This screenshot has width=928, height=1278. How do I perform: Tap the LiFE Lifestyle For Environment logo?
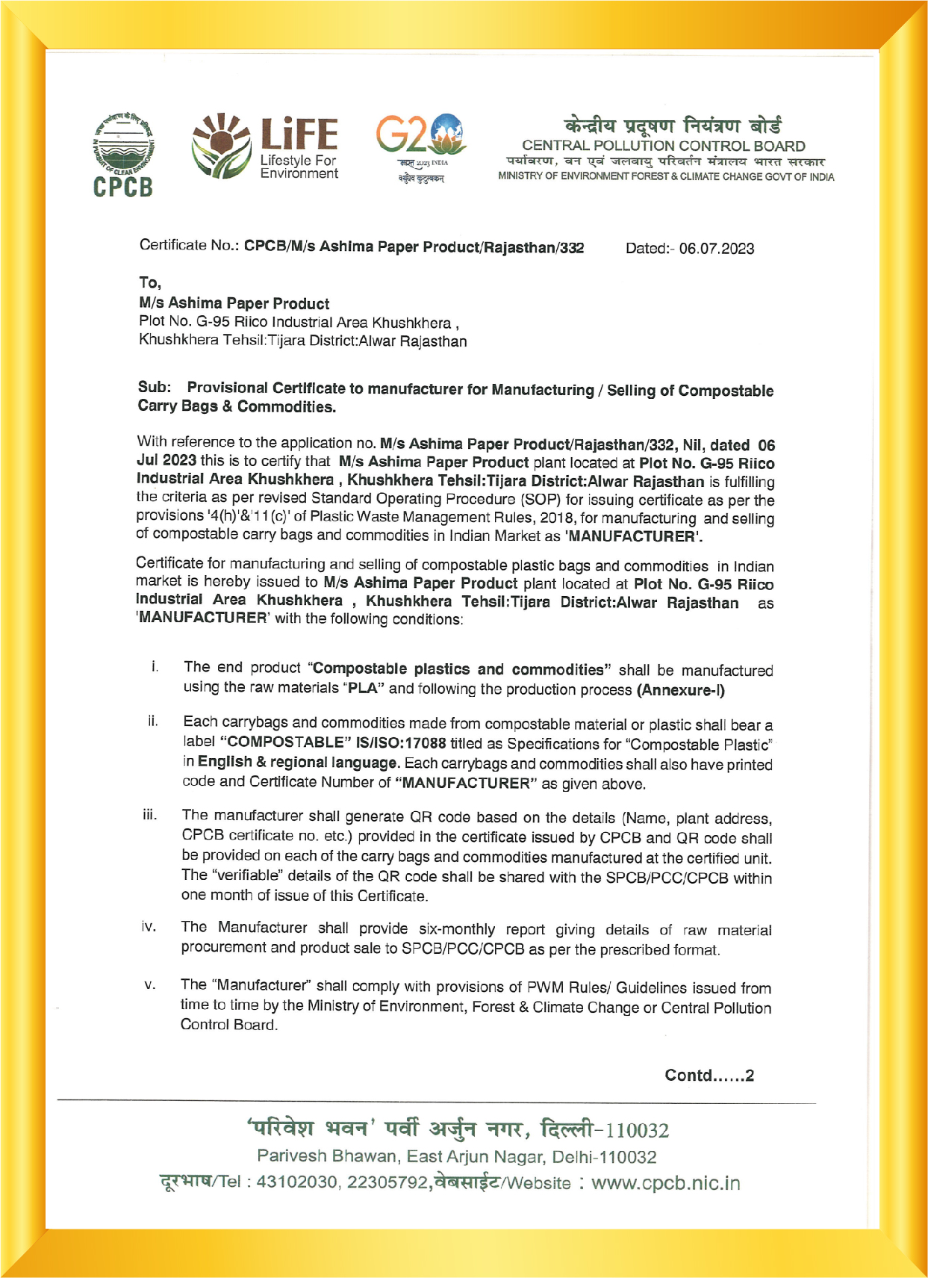click(x=266, y=147)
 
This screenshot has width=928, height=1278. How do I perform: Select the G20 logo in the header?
click(x=421, y=147)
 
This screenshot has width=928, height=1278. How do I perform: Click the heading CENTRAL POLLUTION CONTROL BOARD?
click(x=663, y=146)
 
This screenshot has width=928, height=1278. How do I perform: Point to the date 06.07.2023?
click(x=716, y=249)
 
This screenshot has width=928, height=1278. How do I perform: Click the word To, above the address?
click(x=150, y=282)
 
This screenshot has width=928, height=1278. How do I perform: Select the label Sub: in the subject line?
click(x=155, y=387)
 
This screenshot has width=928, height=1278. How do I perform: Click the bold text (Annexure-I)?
click(x=680, y=689)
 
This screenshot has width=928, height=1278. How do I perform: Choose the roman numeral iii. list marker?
click(x=150, y=815)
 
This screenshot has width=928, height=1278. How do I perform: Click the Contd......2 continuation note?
click(x=709, y=1075)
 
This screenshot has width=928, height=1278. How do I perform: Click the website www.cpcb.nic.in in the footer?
click(x=665, y=1183)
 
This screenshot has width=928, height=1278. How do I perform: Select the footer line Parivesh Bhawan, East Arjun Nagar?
click(x=456, y=1156)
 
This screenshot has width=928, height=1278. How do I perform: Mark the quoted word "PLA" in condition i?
click(x=366, y=688)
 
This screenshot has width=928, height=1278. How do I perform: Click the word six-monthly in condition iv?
click(x=457, y=929)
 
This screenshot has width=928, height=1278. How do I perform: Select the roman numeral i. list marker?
click(x=154, y=666)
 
